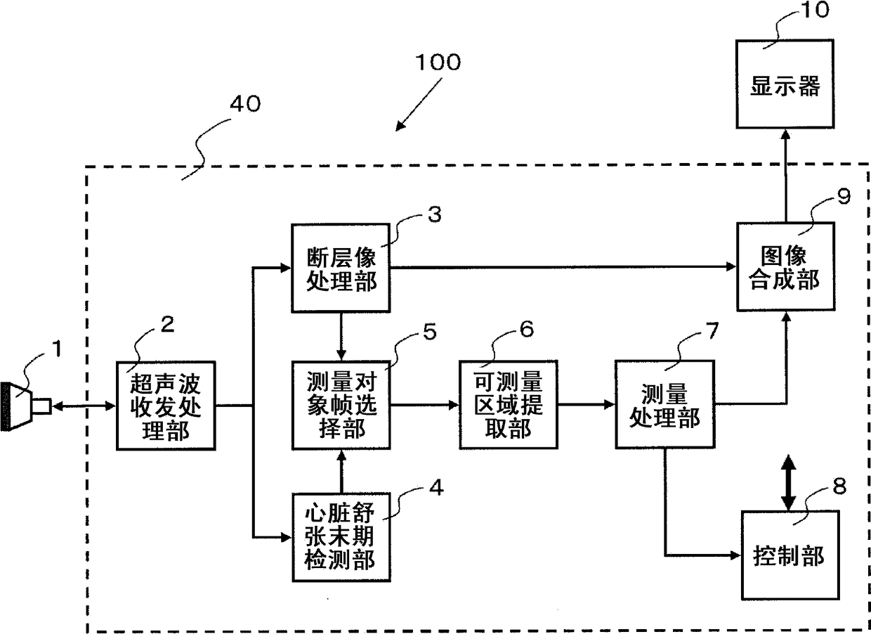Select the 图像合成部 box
tap(785, 267)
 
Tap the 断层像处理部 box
tap(341, 268)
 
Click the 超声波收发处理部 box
tap(166, 406)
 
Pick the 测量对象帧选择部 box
tap(341, 405)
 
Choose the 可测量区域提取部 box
tap(509, 405)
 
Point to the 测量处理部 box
tap(665, 405)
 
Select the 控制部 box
tap(790, 555)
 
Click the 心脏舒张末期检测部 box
tap(341, 538)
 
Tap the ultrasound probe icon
tap(25, 406)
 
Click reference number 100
tap(438, 63)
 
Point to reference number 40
tap(245, 104)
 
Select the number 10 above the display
tap(815, 10)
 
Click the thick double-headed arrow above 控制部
tap(788, 482)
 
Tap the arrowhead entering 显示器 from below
tap(785, 135)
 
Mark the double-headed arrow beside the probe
tap(84, 406)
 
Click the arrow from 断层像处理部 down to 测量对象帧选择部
tap(341, 337)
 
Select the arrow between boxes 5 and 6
tap(425, 405)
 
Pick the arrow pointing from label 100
tap(419, 105)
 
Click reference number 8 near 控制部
tap(839, 486)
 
